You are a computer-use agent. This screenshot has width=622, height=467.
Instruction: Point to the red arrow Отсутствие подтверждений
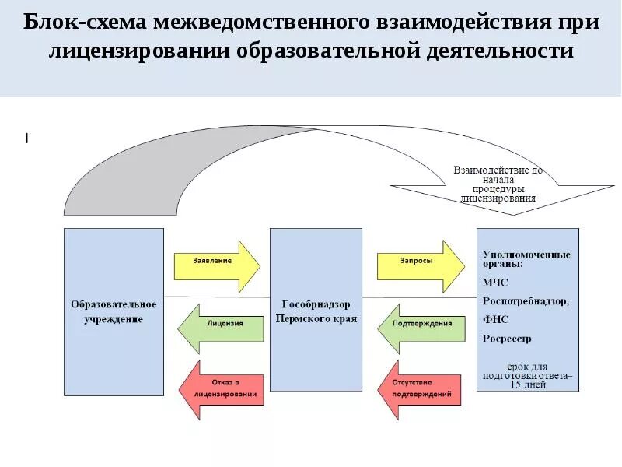(x=420, y=388)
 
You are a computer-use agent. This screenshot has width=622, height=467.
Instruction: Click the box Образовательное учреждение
(x=114, y=311)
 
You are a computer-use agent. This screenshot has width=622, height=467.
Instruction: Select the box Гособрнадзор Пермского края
(x=315, y=311)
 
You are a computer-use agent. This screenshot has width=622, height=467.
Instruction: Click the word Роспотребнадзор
(x=526, y=301)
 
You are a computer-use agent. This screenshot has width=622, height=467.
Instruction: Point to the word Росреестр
(x=507, y=339)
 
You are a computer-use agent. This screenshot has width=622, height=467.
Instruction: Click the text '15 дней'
(x=527, y=384)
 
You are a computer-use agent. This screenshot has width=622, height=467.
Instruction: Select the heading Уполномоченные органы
(x=526, y=259)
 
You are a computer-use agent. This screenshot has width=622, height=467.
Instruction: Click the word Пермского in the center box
(x=302, y=320)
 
